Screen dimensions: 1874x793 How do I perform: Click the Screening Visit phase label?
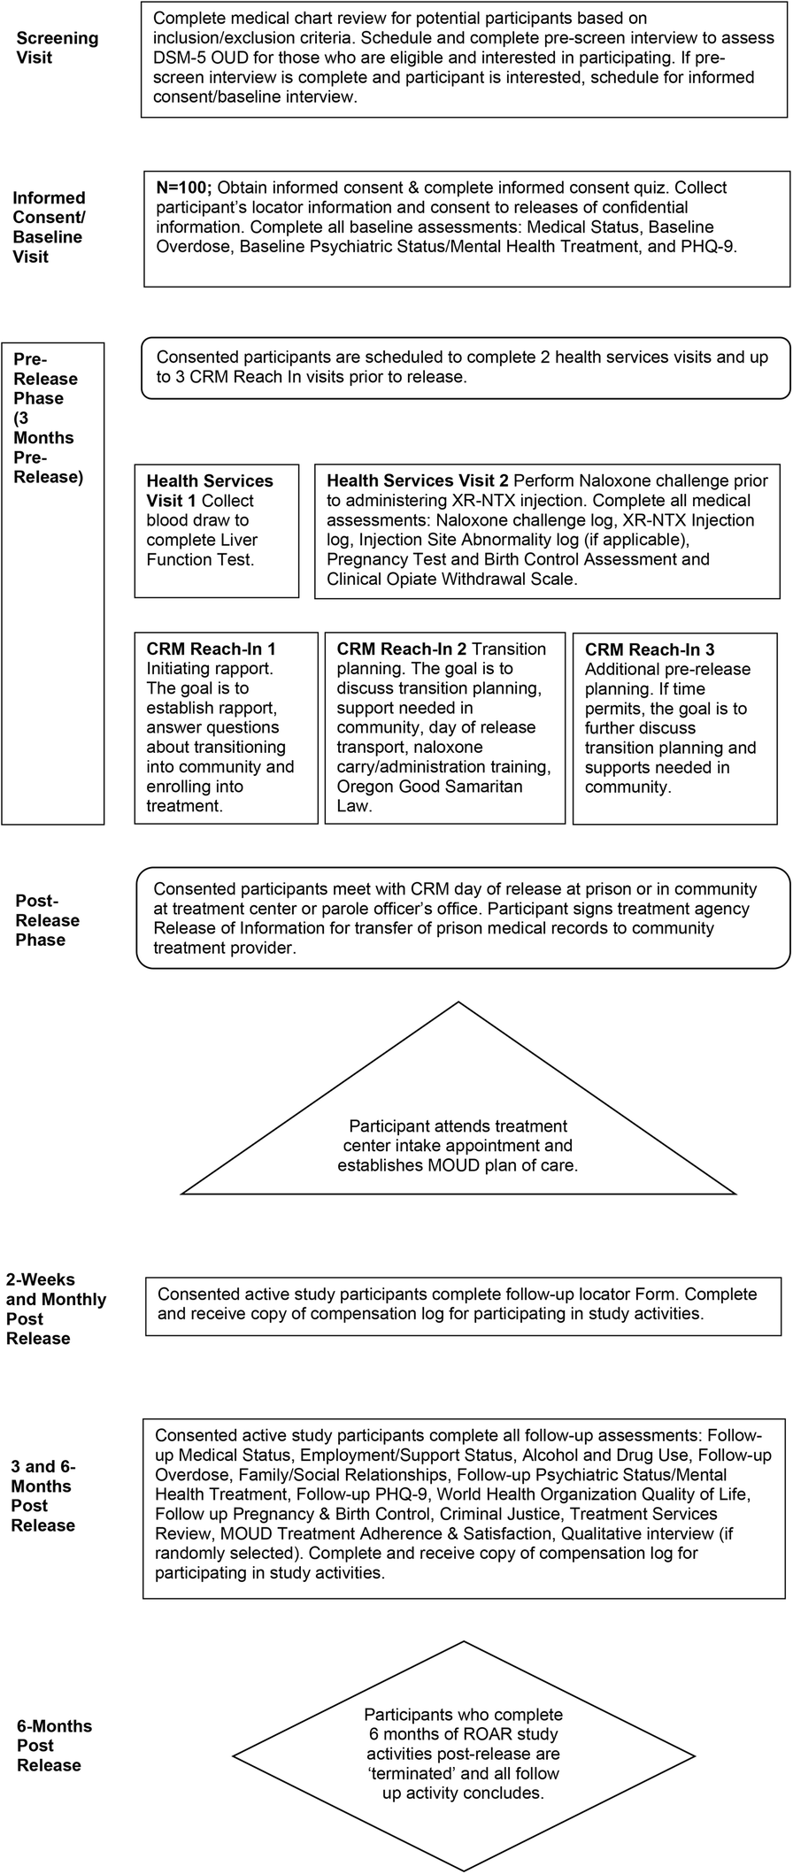point(58,48)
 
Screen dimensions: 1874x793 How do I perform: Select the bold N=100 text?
point(183,188)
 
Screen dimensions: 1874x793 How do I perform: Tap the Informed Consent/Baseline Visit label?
point(49,227)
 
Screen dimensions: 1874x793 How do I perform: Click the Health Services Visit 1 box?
point(216,530)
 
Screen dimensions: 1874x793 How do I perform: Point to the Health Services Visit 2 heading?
point(418,480)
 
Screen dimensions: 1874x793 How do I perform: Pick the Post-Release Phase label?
point(48,920)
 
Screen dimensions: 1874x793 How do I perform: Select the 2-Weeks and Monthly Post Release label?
point(56,1309)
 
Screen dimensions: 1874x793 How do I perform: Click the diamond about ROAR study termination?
point(463,1755)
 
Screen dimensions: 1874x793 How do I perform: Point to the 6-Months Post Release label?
point(55,1746)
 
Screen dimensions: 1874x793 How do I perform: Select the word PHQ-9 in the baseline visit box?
point(711,246)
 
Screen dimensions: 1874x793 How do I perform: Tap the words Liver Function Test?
point(200,559)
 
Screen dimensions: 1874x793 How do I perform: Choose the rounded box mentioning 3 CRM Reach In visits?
point(465,367)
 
